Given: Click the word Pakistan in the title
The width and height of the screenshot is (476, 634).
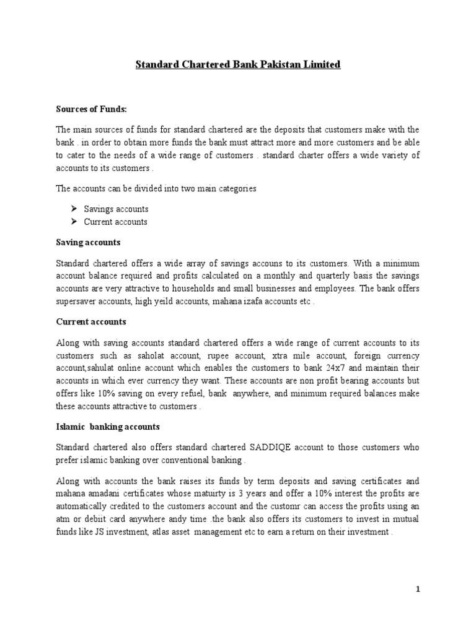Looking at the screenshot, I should (271, 64).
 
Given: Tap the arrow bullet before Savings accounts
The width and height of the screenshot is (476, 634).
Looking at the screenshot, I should (73, 209).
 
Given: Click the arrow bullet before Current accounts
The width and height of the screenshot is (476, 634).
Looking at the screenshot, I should (73, 221).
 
